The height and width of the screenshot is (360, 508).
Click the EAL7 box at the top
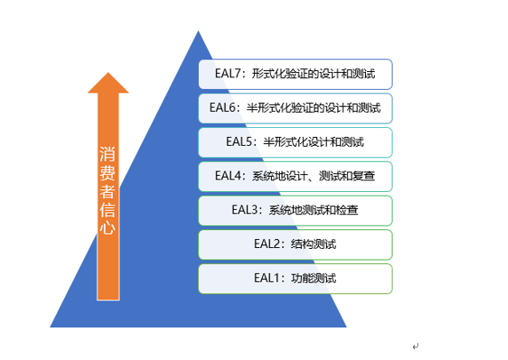point(295,74)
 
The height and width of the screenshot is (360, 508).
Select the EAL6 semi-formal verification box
point(295,108)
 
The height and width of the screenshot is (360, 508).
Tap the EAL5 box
point(295,142)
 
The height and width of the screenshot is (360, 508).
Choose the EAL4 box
point(295,176)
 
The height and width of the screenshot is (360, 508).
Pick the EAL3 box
point(295,211)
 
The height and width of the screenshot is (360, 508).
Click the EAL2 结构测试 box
point(295,244)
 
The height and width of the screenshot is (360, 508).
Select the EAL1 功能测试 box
point(295,278)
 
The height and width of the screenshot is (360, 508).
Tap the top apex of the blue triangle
point(196,33)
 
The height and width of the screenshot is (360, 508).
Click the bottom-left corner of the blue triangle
point(51,325)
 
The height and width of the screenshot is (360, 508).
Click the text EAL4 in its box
point(228,176)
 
